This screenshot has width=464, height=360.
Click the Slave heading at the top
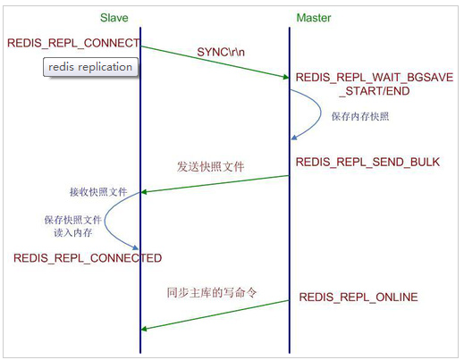pos(139,16)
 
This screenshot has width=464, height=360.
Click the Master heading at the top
pos(315,16)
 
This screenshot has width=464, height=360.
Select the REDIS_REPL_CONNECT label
pos(72,43)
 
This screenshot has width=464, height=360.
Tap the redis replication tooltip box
pos(90,66)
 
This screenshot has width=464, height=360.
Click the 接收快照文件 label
pos(97,191)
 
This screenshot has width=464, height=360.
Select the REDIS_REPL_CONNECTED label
pos(87,258)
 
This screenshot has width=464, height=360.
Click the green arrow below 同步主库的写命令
pos(215,315)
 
